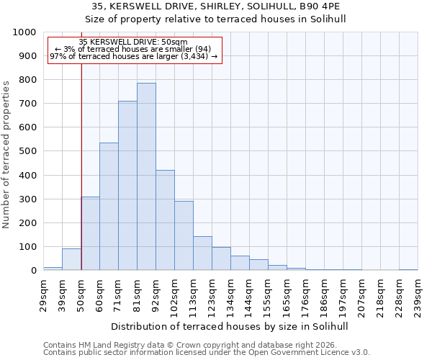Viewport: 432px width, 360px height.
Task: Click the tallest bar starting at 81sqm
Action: (146, 176)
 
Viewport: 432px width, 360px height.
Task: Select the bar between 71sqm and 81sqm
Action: (127, 186)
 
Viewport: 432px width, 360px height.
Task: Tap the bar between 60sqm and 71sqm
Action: (109, 207)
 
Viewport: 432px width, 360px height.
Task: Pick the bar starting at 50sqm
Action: (90, 233)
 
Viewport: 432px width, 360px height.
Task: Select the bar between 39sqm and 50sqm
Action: (71, 259)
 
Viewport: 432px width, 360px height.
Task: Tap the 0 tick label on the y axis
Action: (33, 271)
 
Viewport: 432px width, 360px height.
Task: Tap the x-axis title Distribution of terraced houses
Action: (230, 326)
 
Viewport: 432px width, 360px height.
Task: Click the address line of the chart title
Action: (216, 6)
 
